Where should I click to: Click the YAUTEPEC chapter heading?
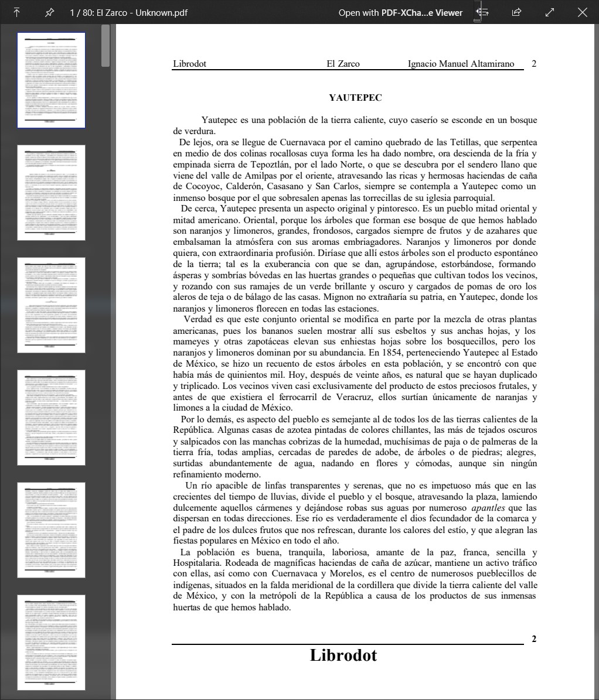pyautogui.click(x=355, y=98)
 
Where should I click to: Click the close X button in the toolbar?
pyautogui.click(x=582, y=12)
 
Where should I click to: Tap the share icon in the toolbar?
pyautogui.click(x=516, y=12)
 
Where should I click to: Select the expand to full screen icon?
pyautogui.click(x=550, y=12)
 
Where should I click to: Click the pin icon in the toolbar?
pyautogui.click(x=50, y=12)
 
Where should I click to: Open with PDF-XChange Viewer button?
pyautogui.click(x=400, y=12)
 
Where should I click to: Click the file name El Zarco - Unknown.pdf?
pyautogui.click(x=142, y=12)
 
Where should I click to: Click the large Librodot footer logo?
pyautogui.click(x=343, y=655)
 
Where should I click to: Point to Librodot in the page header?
pyautogui.click(x=189, y=64)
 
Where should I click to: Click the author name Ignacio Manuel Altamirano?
pyautogui.click(x=461, y=64)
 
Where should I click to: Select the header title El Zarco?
pyautogui.click(x=343, y=64)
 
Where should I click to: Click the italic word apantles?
pyautogui.click(x=488, y=508)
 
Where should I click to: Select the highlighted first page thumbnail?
pyautogui.click(x=52, y=80)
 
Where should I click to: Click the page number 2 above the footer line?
pyautogui.click(x=534, y=639)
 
